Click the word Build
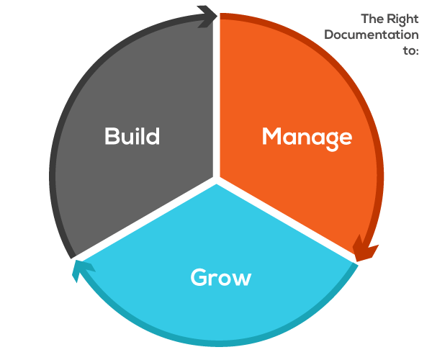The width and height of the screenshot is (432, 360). tap(132, 136)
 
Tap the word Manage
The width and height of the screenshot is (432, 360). tap(307, 138)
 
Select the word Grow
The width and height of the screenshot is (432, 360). tap(221, 277)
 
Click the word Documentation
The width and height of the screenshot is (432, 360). tap(372, 35)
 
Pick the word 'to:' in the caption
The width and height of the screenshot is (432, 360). tap(411, 50)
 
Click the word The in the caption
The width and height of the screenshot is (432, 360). tap(373, 19)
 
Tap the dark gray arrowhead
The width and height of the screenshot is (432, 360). tap(208, 16)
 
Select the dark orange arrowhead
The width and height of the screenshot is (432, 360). tap(365, 248)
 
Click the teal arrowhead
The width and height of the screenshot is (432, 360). tap(82, 270)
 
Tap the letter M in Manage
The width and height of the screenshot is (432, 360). tap(272, 136)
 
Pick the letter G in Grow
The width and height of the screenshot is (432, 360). tap(199, 277)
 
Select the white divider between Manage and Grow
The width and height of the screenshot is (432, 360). tap(287, 221)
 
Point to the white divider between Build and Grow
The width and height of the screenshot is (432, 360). tap(145, 221)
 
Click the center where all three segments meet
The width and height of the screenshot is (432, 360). tap(217, 181)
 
